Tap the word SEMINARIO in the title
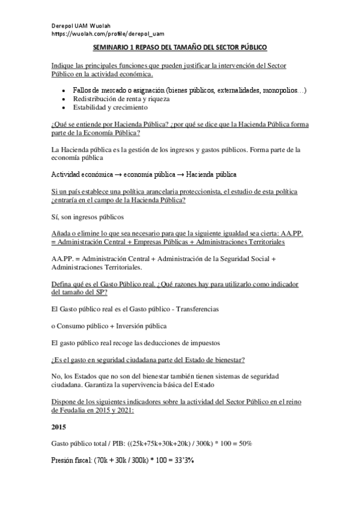pyautogui.click(x=112, y=46)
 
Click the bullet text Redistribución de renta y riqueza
pyautogui.click(x=121, y=99)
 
